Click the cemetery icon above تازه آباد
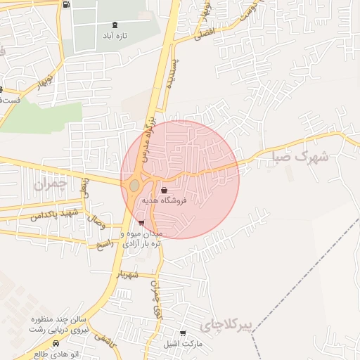point(115,24)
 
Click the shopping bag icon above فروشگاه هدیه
point(164,190)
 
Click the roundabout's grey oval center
point(134,186)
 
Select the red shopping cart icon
point(142,224)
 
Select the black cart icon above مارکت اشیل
point(184,333)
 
